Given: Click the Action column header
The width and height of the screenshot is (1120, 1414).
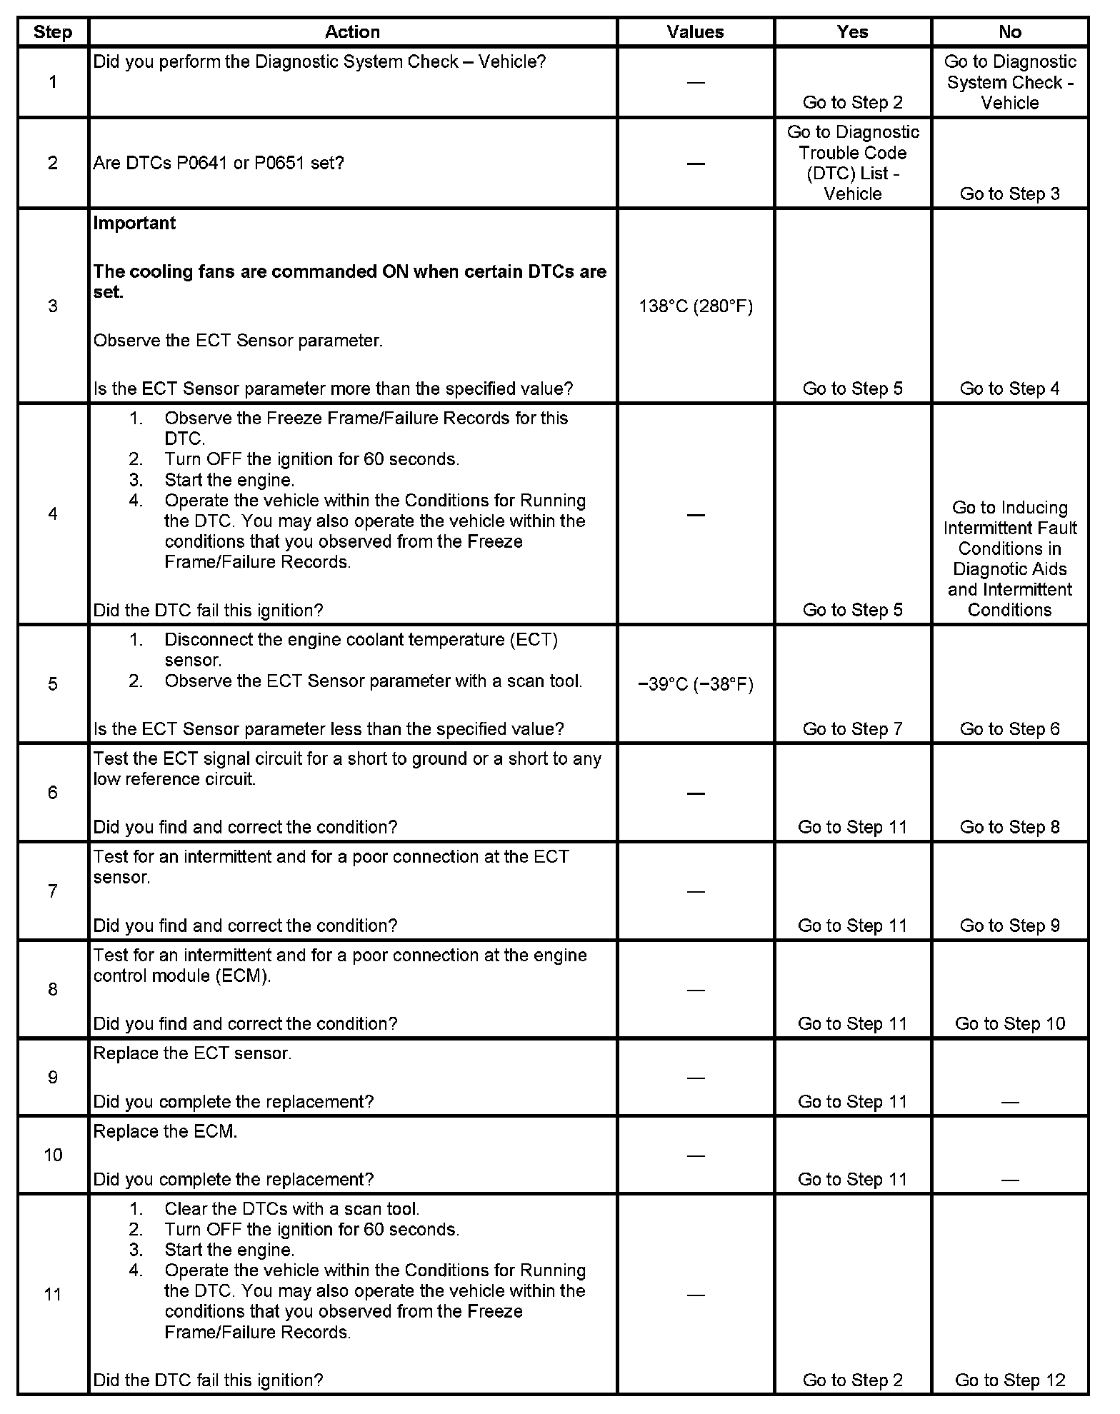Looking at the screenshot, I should point(352,32).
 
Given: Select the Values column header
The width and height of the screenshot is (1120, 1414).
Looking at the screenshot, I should point(695,32).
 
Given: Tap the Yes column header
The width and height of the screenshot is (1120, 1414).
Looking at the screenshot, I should point(852,32).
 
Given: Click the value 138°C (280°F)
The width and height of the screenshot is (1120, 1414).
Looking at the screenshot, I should point(695,306).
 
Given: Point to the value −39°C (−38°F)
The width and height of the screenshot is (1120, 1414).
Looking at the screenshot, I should point(695,684).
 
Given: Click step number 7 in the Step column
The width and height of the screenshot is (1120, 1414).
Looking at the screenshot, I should point(53,891).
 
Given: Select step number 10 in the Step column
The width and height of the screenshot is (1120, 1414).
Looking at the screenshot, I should point(53,1155).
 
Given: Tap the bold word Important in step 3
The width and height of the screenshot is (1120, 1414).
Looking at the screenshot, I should point(134,224).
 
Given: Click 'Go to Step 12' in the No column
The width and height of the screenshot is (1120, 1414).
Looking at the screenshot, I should point(1009,1380).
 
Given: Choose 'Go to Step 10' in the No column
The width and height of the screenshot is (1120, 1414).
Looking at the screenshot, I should point(1009,1023).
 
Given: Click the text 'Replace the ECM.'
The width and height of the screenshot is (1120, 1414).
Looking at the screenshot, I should point(165,1131).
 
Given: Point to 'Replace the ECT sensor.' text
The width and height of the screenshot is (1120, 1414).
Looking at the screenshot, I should point(192,1053).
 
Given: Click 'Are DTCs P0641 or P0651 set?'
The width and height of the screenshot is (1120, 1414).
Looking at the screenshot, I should point(219,164).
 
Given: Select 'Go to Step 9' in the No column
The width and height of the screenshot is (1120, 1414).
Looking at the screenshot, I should point(1009,926).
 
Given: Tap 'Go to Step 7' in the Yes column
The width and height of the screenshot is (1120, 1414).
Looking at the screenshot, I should point(852,728).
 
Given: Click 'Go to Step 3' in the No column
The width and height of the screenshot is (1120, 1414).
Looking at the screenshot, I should point(1009,194).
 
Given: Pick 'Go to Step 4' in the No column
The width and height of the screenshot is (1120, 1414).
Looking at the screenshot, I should point(1009,388).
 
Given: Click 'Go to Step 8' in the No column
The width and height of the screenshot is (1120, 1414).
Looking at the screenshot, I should point(1009,827).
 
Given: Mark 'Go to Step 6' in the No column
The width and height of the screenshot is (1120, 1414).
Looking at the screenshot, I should point(1009,728).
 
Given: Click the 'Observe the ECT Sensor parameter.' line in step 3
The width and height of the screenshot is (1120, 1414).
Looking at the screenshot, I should point(238,341).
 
